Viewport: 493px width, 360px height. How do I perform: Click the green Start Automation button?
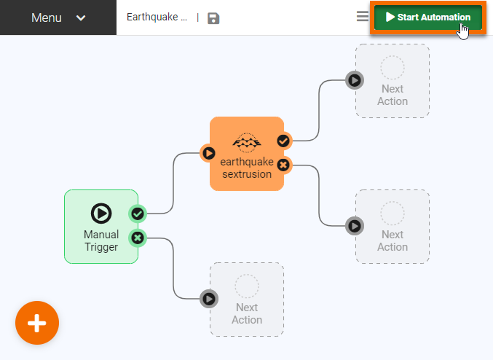coord(427,17)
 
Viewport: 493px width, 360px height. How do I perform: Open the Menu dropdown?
coord(58,17)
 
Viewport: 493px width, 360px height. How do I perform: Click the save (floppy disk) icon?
coord(213,18)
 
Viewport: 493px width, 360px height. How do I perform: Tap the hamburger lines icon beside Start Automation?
coord(362,17)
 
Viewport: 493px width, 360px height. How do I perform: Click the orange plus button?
coord(37,323)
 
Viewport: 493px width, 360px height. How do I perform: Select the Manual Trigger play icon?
coord(101,213)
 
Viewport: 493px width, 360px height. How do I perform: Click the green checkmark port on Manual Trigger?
coord(138,214)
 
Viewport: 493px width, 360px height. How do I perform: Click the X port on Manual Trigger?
coord(138,238)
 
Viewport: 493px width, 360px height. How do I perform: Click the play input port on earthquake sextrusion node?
coord(209,153)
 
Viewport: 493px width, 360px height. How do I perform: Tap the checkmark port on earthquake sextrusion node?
coord(283,141)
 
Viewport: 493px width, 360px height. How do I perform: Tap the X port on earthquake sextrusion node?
coord(283,165)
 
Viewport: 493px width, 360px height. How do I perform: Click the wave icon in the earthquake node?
coord(246,141)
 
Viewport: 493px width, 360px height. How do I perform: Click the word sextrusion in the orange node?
coord(246,174)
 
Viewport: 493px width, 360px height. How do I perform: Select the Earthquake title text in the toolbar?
coord(157,17)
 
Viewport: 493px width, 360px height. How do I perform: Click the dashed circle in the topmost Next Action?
coord(393,68)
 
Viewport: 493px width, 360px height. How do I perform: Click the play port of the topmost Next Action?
coord(355,80)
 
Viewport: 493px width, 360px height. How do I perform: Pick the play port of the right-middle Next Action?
coord(355,226)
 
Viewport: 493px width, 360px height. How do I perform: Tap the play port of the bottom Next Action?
coord(209,298)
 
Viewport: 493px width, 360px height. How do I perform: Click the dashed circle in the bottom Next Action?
coord(247,286)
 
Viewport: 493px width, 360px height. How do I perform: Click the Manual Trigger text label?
coord(101,240)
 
